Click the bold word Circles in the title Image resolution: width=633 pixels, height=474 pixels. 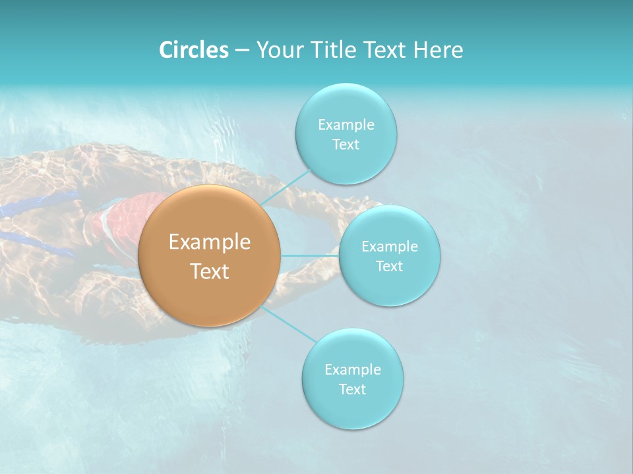pos(194,50)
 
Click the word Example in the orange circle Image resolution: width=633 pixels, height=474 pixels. pos(210,242)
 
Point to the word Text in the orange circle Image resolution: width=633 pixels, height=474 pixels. pos(210,271)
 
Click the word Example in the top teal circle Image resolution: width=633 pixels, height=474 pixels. pos(346,124)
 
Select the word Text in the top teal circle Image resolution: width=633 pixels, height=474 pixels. pos(346,145)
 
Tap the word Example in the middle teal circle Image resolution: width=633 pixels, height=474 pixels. pos(390,246)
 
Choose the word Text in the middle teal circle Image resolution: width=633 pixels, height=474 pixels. pos(389,266)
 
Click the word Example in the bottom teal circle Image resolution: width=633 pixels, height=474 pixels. pos(353,369)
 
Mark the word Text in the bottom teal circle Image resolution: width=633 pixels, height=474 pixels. pos(352,389)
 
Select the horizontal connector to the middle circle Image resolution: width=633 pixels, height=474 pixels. pos(310,255)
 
